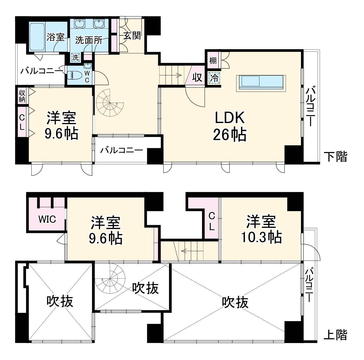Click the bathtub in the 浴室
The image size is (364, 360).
point(37,37)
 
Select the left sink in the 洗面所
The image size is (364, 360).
point(80,24)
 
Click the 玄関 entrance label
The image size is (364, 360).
point(132,35)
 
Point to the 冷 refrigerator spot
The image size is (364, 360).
point(214,78)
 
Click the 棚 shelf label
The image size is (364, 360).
point(213,60)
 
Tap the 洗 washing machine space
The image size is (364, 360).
point(76,57)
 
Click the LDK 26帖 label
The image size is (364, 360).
point(230,126)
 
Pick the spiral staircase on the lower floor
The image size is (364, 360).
point(110,102)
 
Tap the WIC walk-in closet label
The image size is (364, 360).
point(47,219)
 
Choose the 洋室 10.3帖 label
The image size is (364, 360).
point(262,229)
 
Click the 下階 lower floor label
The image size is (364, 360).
point(335,157)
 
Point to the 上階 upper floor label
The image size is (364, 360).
point(335,335)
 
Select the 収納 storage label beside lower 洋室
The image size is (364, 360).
point(22,96)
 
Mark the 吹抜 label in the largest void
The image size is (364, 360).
point(235,302)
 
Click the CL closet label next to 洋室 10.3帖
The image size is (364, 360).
point(212,221)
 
